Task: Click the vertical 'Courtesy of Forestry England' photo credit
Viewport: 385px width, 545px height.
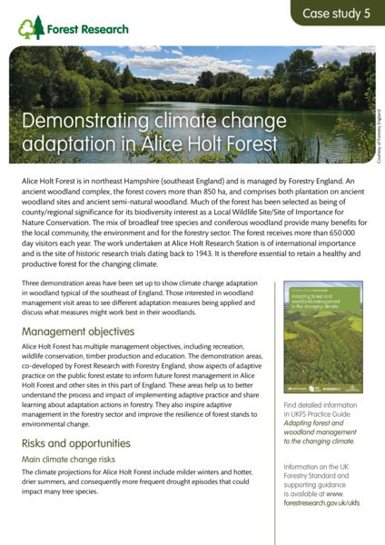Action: [378, 137]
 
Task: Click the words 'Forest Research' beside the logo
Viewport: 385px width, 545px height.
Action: [76, 27]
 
